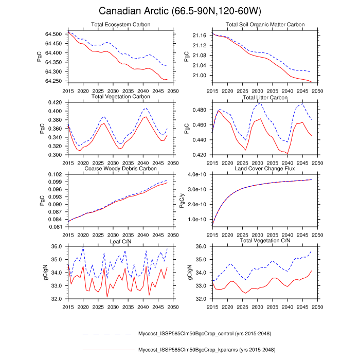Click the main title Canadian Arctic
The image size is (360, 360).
tap(179, 11)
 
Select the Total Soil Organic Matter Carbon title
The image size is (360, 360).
tap(265, 25)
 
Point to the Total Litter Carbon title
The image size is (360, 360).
tap(265, 97)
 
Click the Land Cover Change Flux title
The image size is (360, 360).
tap(265, 168)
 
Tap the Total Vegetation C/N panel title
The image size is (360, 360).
tap(265, 240)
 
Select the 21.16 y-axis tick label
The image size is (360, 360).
tap(199, 35)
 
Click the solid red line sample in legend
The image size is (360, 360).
tap(107, 350)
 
